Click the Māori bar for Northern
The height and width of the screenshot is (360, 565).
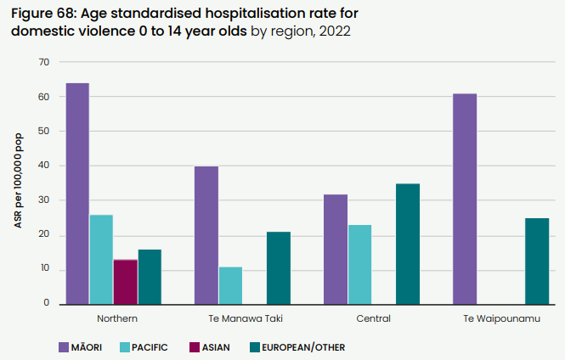77,194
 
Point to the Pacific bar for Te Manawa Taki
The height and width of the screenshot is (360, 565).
230,285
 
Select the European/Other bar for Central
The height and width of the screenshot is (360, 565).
408,244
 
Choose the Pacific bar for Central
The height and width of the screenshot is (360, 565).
359,264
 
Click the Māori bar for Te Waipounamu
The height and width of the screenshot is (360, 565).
465,199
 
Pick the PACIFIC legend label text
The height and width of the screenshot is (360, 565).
150,347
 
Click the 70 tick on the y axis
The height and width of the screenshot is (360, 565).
44,63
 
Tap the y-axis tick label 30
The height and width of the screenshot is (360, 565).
44,200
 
